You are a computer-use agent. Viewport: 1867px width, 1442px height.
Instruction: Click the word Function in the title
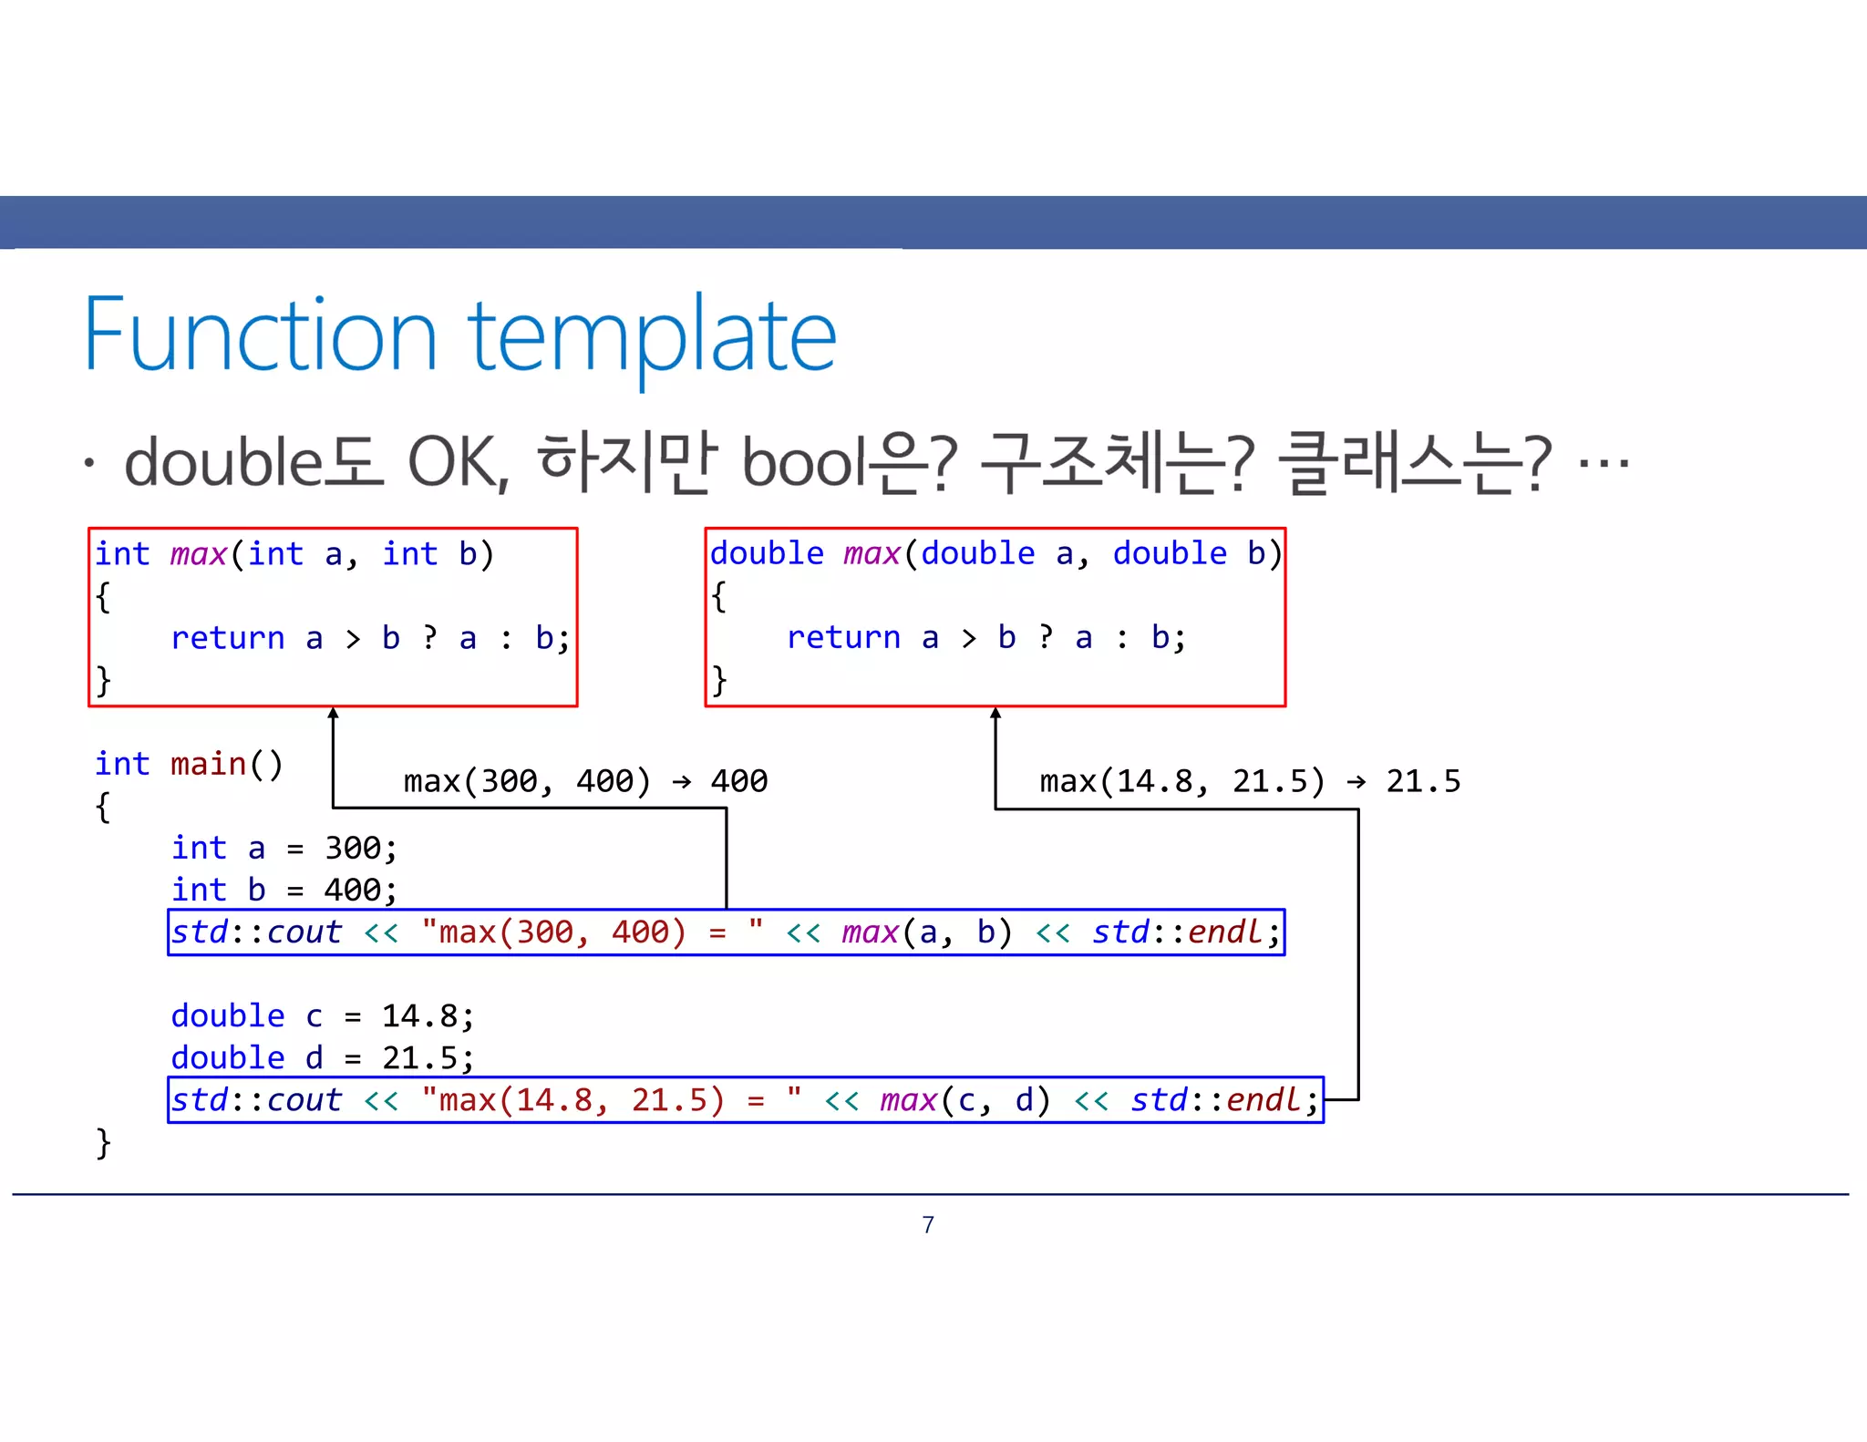pyautogui.click(x=261, y=335)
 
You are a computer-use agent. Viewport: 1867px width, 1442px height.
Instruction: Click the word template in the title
pyautogui.click(x=652, y=337)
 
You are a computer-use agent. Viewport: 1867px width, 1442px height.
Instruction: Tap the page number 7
pyautogui.click(x=928, y=1224)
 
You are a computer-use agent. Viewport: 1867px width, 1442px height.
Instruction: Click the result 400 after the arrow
pyautogui.click(x=739, y=781)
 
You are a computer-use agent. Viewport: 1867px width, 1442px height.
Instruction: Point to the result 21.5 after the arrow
pyautogui.click(x=1423, y=781)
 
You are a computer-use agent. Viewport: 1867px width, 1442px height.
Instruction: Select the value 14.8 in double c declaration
pyautogui.click(x=420, y=1016)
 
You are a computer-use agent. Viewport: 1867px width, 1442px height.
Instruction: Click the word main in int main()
pyautogui.click(x=209, y=764)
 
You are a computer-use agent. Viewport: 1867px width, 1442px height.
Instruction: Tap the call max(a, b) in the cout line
pyautogui.click(x=926, y=932)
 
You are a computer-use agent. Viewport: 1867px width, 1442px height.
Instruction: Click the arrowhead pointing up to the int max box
pyautogui.click(x=334, y=714)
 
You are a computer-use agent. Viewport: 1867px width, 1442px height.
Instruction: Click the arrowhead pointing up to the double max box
pyautogui.click(x=995, y=714)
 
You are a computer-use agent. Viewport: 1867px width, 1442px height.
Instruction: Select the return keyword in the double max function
pyautogui.click(x=843, y=638)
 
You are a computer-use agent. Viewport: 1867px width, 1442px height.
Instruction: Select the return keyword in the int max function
pyautogui.click(x=228, y=638)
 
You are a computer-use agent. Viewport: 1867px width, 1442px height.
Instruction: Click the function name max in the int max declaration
pyautogui.click(x=199, y=554)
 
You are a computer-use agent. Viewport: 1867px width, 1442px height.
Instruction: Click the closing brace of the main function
pyautogui.click(x=103, y=1142)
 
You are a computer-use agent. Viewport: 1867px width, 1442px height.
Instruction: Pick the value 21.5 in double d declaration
pyautogui.click(x=420, y=1058)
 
